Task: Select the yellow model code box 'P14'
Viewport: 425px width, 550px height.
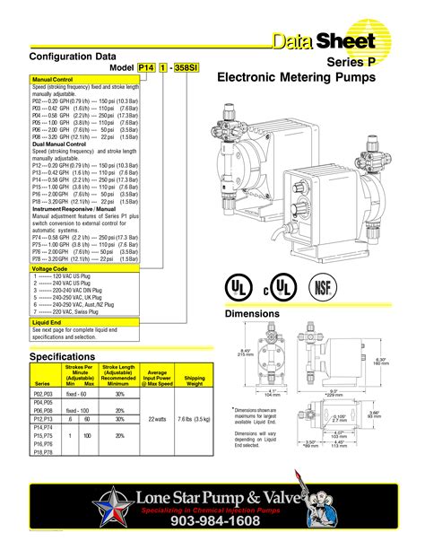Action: coord(147,68)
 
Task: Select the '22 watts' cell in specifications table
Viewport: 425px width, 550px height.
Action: coord(158,418)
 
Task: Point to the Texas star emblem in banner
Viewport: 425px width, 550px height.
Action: coord(116,505)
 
